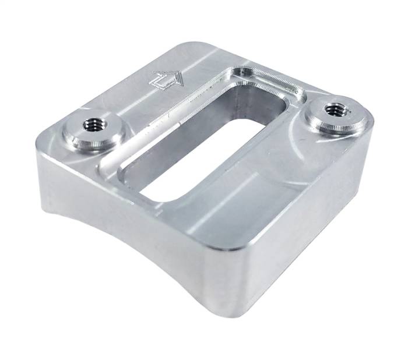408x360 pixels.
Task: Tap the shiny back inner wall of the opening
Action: point(256,111)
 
